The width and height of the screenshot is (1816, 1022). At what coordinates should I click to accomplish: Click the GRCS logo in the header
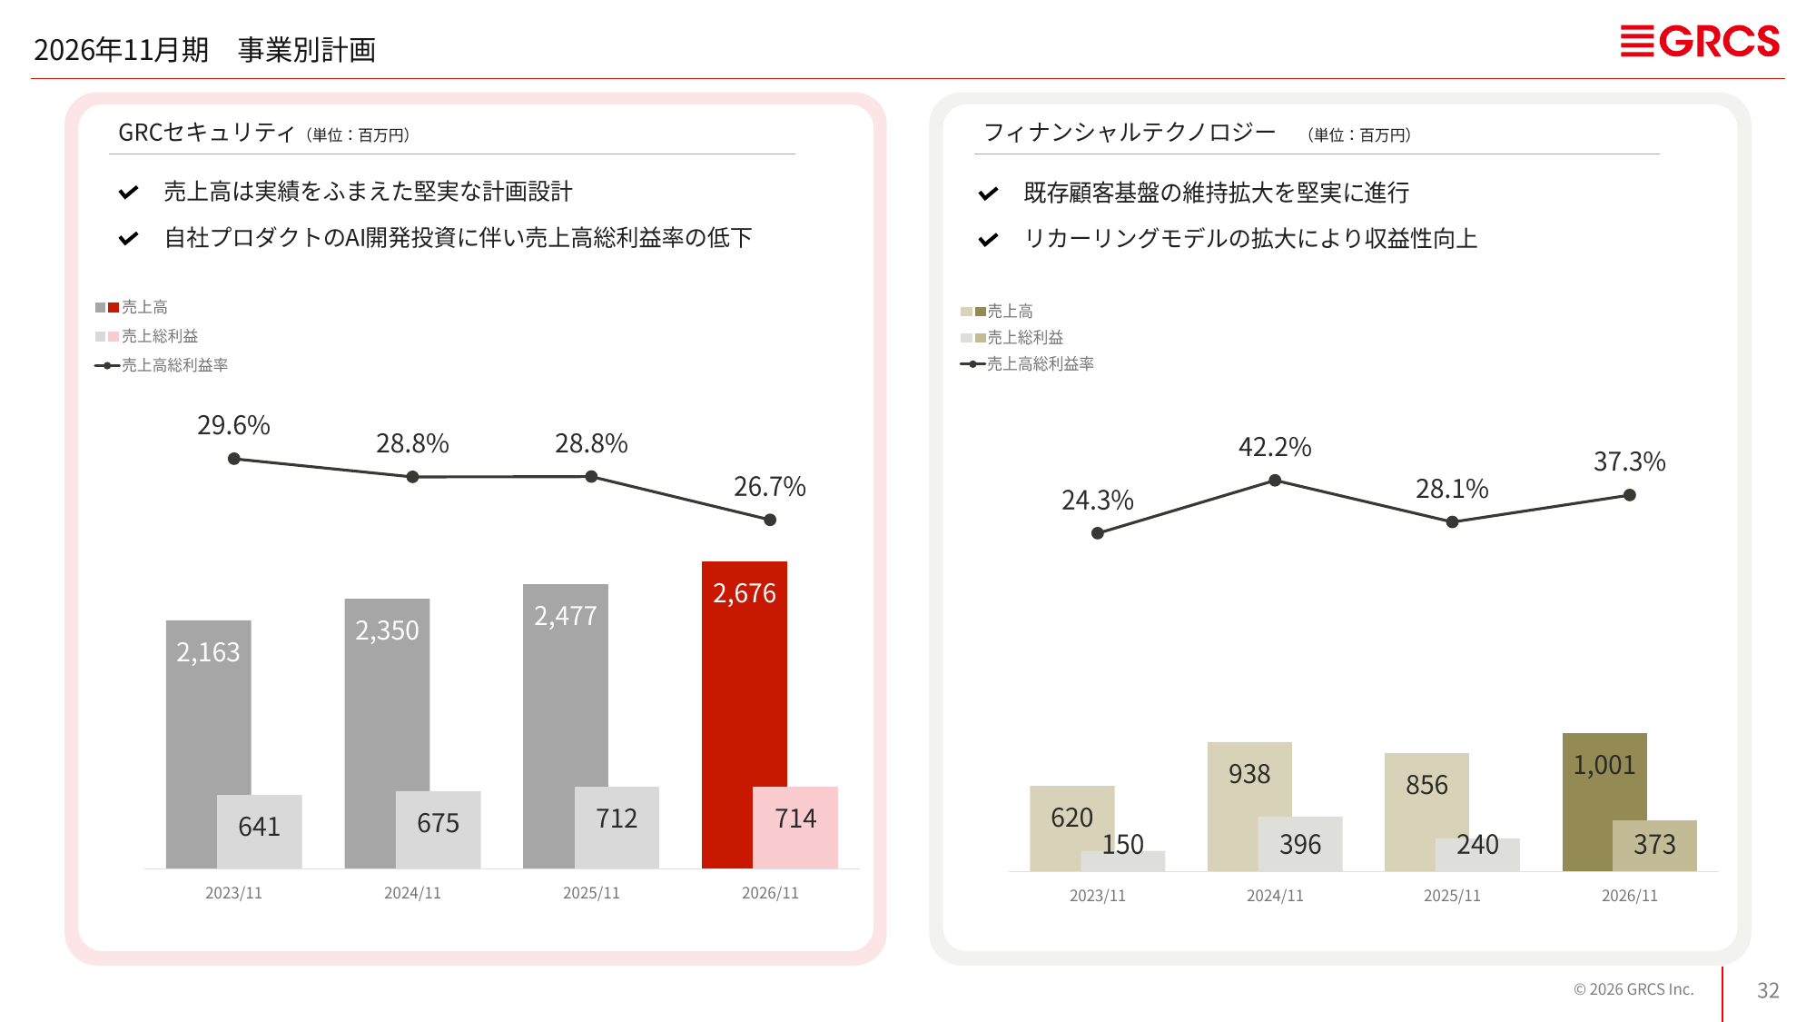(1700, 42)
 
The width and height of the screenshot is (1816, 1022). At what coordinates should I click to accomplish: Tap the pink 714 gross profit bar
(795, 828)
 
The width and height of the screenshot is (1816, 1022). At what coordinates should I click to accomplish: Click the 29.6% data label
(233, 425)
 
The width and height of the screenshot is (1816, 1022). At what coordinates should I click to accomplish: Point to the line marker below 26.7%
(770, 520)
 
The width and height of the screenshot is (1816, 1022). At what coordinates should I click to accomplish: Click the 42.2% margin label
(1275, 447)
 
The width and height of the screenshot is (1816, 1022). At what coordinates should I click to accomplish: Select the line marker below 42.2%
(1275, 480)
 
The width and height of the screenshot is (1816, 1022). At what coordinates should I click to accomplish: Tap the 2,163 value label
(208, 652)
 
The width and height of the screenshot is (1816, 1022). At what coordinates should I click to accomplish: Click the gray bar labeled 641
(260, 831)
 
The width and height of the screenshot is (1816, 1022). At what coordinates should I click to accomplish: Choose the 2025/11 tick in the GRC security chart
(591, 893)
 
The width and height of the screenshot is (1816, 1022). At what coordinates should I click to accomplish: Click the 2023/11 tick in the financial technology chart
(1097, 896)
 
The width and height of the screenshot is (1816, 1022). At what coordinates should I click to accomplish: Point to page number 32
(1768, 990)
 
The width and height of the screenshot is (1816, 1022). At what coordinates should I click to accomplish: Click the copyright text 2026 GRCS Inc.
(1633, 989)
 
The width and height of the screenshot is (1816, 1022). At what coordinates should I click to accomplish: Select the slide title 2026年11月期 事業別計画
(204, 50)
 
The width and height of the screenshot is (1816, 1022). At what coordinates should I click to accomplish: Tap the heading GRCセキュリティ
(206, 133)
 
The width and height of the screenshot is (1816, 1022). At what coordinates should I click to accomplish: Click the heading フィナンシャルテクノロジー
(1130, 133)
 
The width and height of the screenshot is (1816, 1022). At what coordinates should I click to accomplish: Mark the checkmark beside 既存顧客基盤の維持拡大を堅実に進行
(988, 193)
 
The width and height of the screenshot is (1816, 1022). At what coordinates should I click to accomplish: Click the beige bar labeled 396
(1300, 844)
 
